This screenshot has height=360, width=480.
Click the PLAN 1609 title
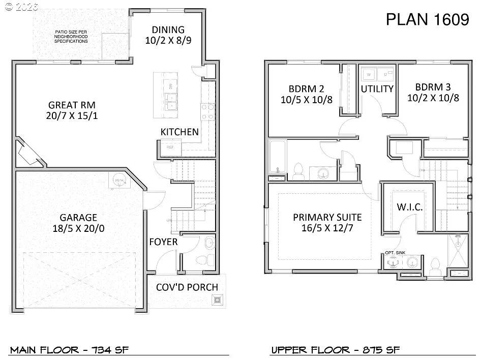(x=427, y=20)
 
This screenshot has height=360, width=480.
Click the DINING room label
(x=168, y=30)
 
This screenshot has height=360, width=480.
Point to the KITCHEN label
(x=179, y=132)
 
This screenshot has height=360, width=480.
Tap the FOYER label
(x=163, y=242)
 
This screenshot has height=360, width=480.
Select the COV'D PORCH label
(x=187, y=287)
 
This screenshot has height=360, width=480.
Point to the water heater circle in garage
(x=119, y=179)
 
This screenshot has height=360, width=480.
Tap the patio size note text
(x=71, y=37)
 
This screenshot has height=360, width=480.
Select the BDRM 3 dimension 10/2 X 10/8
(x=433, y=98)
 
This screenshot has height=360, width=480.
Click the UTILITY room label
(x=377, y=89)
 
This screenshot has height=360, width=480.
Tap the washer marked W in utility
(x=369, y=75)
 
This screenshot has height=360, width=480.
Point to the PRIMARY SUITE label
(x=327, y=217)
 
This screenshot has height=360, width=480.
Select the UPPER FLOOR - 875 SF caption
(x=335, y=350)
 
